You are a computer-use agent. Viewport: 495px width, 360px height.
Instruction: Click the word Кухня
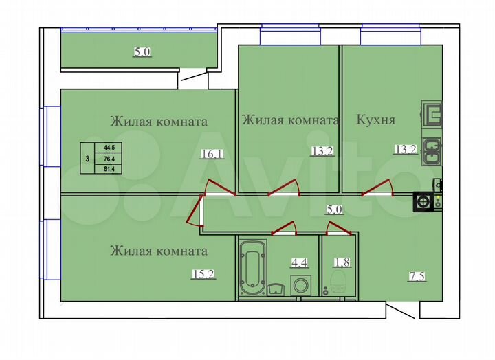pyautogui.click(x=375, y=120)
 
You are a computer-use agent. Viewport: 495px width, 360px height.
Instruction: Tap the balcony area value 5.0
pyautogui.click(x=142, y=51)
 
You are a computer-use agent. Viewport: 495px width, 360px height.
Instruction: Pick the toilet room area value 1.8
pyautogui.click(x=340, y=262)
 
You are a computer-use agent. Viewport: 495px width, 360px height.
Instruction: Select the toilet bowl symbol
pyautogui.click(x=338, y=281)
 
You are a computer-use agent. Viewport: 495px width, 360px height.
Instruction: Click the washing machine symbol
pyautogui.click(x=301, y=284)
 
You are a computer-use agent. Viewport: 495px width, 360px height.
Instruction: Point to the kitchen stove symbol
pyautogui.click(x=423, y=202)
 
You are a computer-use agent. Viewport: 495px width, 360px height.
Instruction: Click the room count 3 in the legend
pyautogui.click(x=87, y=158)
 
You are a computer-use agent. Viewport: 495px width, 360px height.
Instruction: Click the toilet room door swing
pyautogui.click(x=337, y=227)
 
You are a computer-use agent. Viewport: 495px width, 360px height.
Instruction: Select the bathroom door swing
pyautogui.click(x=284, y=227)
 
